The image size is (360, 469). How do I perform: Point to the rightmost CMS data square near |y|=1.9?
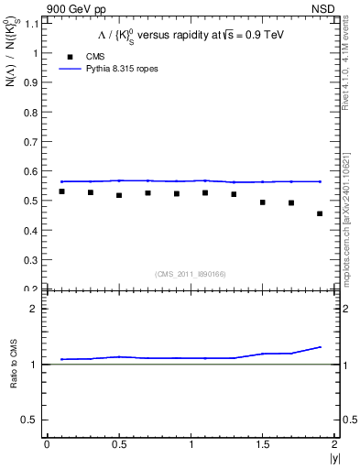[320, 213]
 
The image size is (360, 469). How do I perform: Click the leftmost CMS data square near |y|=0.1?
[61, 191]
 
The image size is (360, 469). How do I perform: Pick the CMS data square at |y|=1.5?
[263, 202]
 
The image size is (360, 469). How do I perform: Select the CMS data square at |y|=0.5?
[119, 195]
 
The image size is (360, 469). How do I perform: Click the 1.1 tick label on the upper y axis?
[32, 24]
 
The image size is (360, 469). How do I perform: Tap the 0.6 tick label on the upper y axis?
[32, 171]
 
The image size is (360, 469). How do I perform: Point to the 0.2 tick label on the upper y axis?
[32, 289]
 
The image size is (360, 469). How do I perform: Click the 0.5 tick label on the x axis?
[119, 444]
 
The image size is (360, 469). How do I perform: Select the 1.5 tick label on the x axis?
[263, 444]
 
